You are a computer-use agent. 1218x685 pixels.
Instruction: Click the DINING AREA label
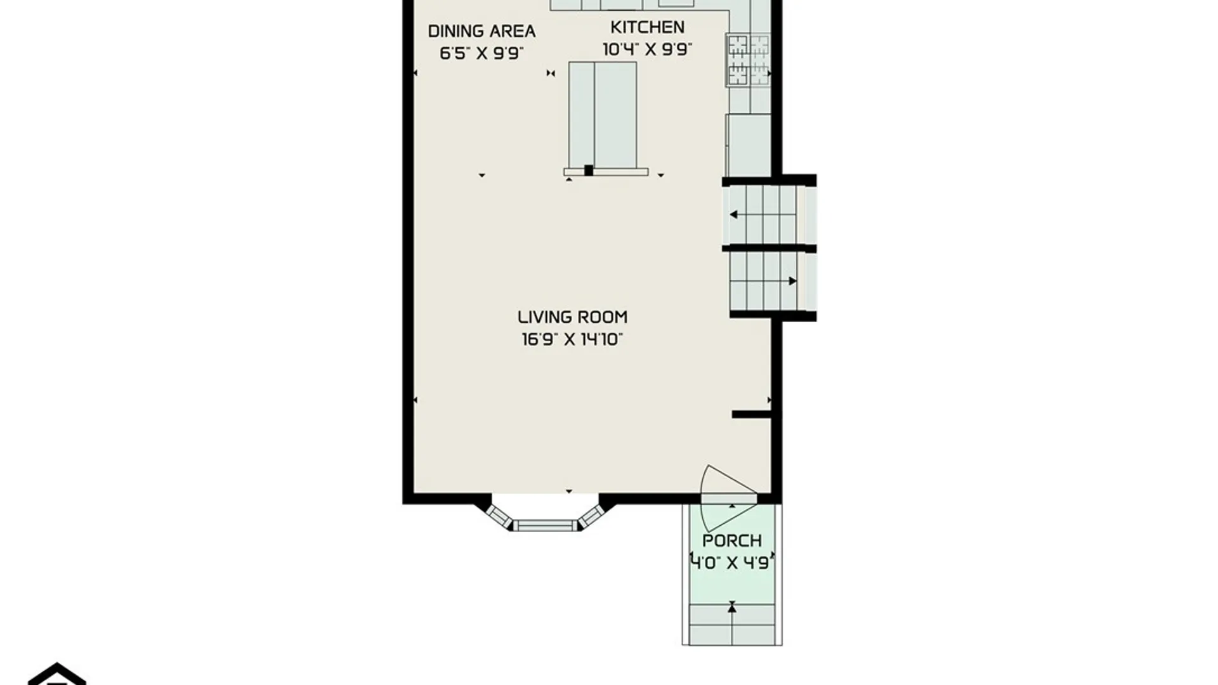(x=481, y=31)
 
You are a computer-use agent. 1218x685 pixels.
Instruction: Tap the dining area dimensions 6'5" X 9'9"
(x=481, y=53)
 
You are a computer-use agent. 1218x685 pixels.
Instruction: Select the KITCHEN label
(x=647, y=27)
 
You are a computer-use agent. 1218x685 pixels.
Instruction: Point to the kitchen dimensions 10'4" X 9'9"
(x=647, y=49)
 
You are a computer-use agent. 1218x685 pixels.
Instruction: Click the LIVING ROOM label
(x=572, y=317)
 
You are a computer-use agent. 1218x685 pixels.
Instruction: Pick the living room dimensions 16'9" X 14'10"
(x=572, y=339)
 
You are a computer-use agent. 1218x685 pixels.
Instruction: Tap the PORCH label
(x=732, y=541)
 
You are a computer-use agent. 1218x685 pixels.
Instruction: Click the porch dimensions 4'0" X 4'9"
(x=732, y=563)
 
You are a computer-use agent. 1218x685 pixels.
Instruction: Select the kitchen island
(x=603, y=115)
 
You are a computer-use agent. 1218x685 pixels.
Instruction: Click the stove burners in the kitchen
(x=749, y=60)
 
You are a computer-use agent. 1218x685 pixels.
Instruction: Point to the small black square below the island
(x=589, y=170)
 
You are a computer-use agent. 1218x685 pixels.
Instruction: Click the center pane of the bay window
(x=546, y=525)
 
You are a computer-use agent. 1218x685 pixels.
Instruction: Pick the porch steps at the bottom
(x=732, y=624)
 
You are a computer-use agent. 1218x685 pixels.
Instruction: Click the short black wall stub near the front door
(x=752, y=414)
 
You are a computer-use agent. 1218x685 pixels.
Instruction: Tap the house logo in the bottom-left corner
(x=57, y=674)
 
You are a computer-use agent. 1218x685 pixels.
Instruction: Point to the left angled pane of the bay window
(x=499, y=517)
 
